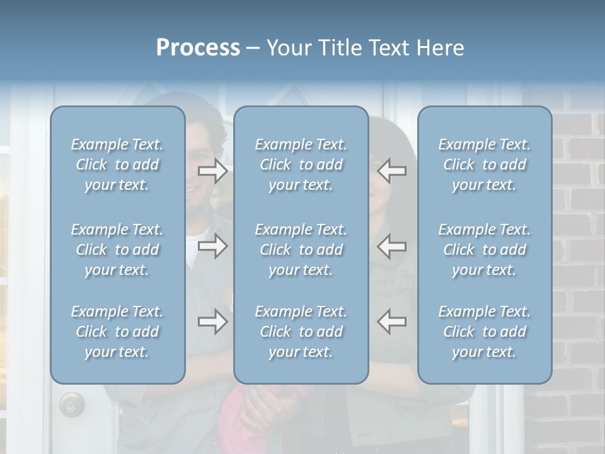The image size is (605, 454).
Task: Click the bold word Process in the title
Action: click(198, 48)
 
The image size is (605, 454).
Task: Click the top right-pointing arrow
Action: click(213, 171)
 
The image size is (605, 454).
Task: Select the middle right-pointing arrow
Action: click(213, 246)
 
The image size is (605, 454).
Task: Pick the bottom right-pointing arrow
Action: click(213, 322)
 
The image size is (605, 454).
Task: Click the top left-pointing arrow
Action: click(392, 171)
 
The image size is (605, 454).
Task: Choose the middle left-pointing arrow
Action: click(392, 246)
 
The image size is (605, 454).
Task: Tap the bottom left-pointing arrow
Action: click(392, 322)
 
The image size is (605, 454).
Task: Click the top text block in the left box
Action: click(117, 165)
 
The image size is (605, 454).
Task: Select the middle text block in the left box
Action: click(117, 250)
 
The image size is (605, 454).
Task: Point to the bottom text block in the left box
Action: click(117, 332)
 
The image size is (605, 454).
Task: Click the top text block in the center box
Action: click(301, 165)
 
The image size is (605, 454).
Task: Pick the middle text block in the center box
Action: click(301, 250)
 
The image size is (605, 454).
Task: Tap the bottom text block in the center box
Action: click(301, 332)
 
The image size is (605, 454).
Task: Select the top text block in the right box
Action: click(485, 165)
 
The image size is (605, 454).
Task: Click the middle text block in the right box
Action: click(485, 250)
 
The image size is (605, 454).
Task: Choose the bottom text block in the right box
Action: click(485, 332)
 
